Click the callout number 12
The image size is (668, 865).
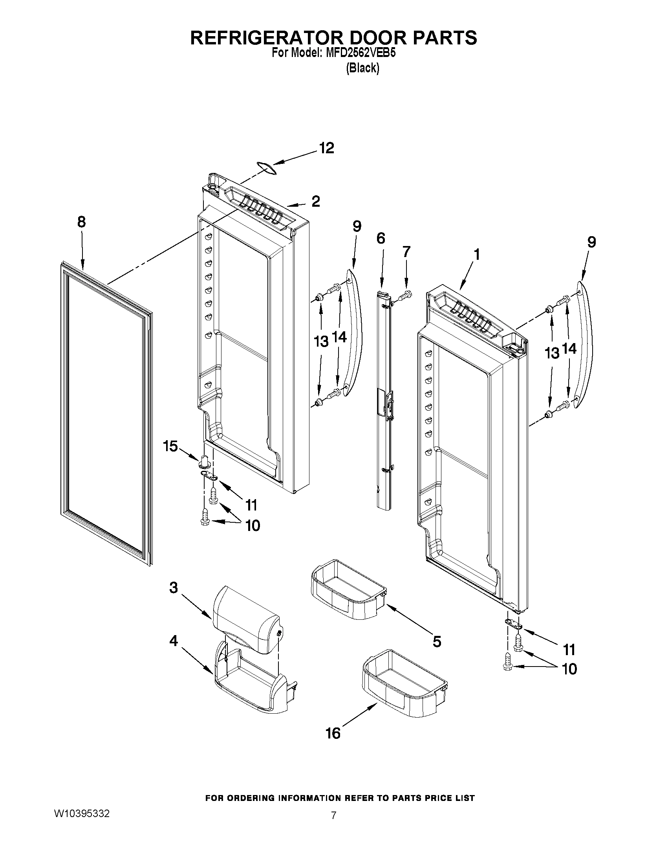327,148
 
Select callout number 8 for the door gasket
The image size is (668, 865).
81,222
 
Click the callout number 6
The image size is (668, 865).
380,239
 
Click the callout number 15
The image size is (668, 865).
171,446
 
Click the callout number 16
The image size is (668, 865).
333,733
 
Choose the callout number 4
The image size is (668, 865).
173,641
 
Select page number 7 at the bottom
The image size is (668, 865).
333,815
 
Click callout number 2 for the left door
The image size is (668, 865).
315,202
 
